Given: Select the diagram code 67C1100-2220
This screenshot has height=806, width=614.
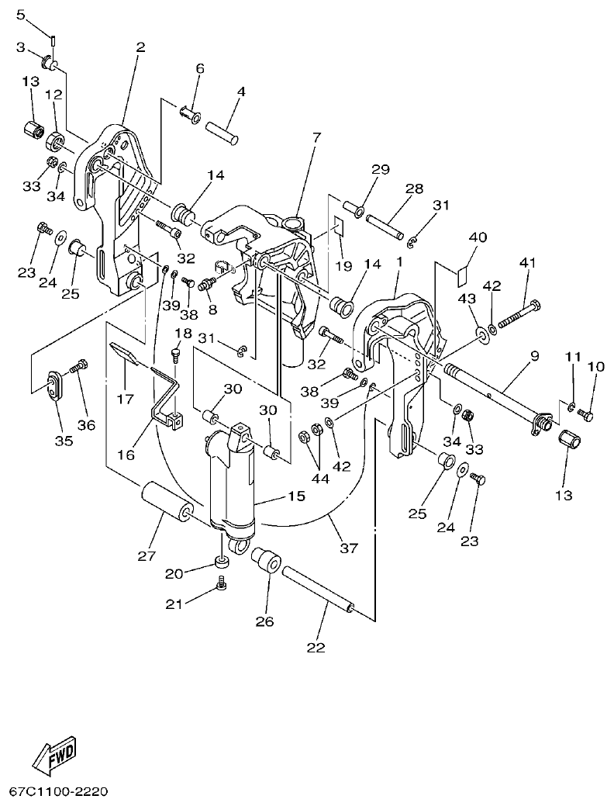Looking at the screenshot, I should point(58,792).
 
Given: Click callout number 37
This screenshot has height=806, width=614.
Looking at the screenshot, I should point(349,548).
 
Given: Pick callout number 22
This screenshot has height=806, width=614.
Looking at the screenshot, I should point(316,647).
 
